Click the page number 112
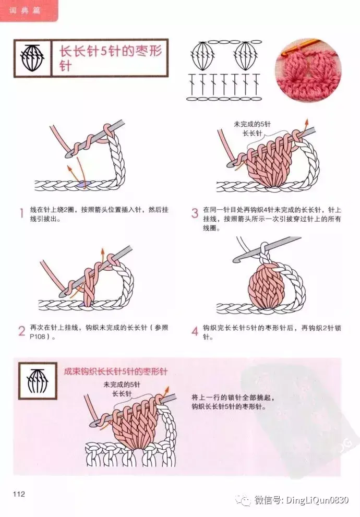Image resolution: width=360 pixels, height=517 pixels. point(19,494)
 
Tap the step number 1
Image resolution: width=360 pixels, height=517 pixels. point(22,213)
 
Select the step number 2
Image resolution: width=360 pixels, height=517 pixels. point(22,331)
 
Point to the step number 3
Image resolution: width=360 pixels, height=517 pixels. point(195,213)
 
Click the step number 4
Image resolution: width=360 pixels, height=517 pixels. point(195,331)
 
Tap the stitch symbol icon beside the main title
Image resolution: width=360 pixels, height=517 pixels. point(33,58)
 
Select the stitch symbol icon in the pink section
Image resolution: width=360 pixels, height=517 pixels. point(37,381)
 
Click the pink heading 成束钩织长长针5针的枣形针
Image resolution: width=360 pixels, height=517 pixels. point(115,371)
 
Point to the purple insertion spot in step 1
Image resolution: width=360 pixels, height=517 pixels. point(83,185)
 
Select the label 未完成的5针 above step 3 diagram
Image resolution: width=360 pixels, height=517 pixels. point(252,124)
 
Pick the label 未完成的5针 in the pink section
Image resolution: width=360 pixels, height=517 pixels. point(122,384)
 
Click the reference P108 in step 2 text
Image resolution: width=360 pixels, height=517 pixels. point(37,336)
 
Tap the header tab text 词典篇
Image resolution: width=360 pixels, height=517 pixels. point(25,10)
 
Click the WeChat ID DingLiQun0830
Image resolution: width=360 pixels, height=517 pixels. point(317,500)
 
